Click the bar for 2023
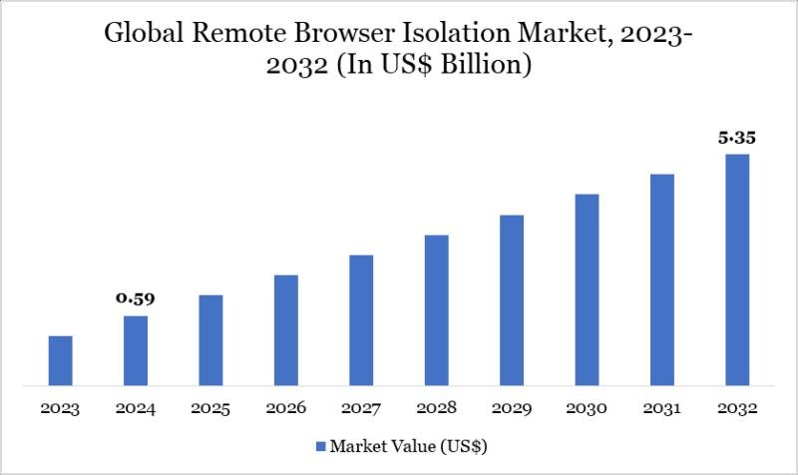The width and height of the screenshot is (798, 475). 61,360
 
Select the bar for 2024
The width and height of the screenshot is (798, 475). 136,350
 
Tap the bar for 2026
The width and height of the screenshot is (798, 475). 286,329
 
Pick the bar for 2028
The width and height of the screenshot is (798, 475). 436,309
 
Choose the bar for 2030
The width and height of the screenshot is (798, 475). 587,289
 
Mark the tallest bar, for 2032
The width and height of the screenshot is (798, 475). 737,269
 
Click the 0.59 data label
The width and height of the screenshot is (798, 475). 136,297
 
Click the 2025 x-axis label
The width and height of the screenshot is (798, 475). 210,408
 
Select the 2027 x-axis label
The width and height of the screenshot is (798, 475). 361,408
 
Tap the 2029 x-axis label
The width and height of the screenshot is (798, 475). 512,408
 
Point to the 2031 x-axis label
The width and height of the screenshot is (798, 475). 662,408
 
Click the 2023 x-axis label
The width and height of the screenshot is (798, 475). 61,408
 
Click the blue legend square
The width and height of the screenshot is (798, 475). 320,444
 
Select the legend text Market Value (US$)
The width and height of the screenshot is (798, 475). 409,444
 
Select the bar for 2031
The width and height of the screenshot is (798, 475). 662,279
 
